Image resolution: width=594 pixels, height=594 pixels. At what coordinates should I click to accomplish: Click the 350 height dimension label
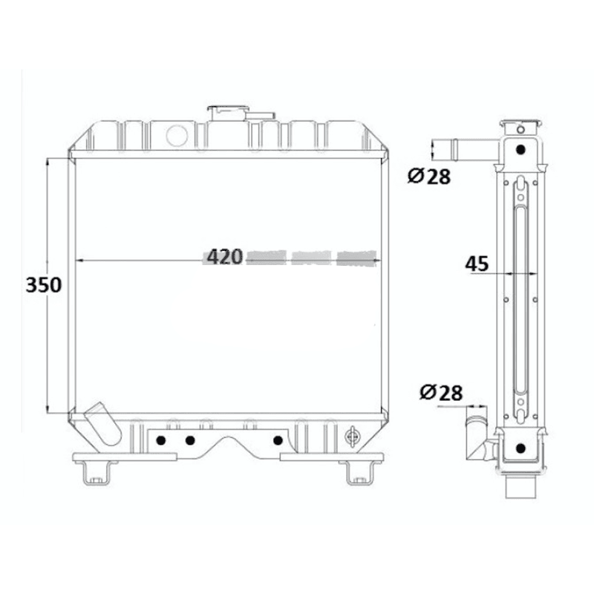click(x=43, y=284)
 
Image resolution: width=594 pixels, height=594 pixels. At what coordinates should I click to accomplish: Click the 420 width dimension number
click(x=224, y=257)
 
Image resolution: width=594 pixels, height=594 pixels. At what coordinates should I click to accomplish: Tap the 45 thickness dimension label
click(x=477, y=263)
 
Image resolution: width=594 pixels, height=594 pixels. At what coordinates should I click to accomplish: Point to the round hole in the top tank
click(x=177, y=134)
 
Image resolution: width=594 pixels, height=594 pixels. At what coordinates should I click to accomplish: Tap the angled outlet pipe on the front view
click(x=102, y=425)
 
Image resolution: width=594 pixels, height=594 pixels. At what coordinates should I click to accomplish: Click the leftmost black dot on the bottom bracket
click(x=160, y=440)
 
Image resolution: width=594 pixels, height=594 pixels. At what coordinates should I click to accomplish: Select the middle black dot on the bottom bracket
click(x=190, y=440)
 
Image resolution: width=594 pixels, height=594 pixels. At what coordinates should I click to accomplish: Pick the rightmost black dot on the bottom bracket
click(x=278, y=440)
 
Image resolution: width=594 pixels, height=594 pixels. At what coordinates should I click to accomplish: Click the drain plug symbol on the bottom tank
click(x=353, y=437)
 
